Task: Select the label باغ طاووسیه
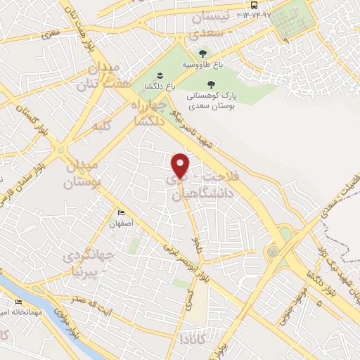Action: (x=202, y=65)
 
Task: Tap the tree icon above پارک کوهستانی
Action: (x=210, y=84)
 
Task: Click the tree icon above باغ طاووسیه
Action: (x=202, y=53)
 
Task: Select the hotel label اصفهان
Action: (x=121, y=224)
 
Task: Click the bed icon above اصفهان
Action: (x=121, y=213)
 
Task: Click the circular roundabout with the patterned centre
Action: (x=272, y=251)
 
